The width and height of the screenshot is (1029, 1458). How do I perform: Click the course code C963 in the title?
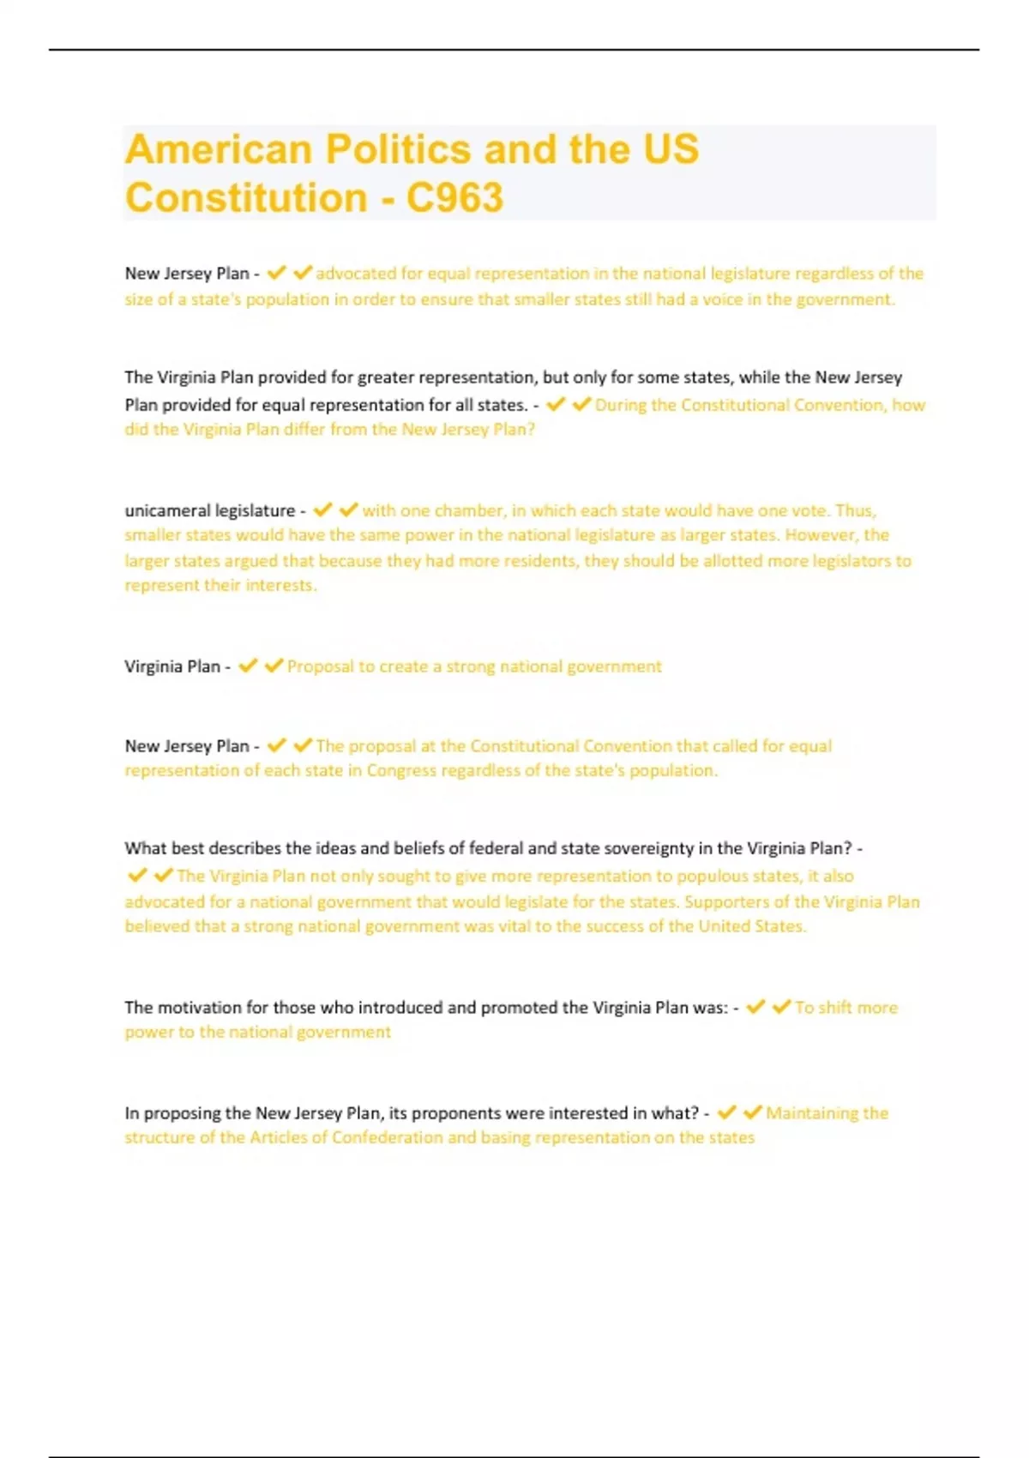point(454,198)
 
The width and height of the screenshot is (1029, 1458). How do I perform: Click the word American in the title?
point(218,149)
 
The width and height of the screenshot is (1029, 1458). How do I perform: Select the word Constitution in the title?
point(246,198)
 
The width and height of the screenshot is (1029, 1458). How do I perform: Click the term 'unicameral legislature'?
point(210,510)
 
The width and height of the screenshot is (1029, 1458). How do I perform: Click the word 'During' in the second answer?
point(621,405)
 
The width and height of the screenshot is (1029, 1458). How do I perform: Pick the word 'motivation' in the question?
point(200,1008)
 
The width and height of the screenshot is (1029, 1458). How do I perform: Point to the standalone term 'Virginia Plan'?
point(172,666)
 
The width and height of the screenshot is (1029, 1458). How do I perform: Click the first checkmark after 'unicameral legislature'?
point(322,510)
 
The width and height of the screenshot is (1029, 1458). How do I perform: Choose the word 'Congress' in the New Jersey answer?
point(401,770)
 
